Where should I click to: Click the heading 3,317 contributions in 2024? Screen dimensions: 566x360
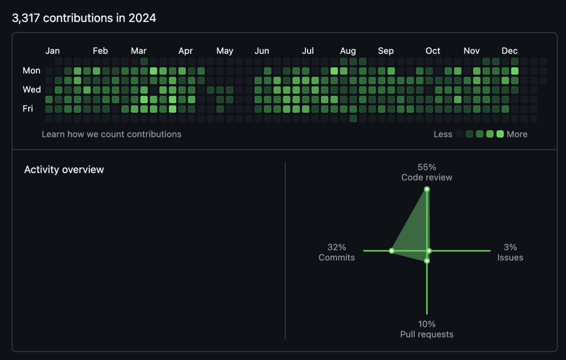pos(84,18)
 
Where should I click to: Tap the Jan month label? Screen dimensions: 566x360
pos(52,51)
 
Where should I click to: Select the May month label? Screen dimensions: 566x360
pos(225,51)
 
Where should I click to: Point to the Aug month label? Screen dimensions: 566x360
pos(348,51)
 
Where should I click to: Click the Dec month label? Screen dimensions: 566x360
pos(509,51)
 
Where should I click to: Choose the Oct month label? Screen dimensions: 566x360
pos(433,51)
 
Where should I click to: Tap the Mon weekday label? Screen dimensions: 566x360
pos(31,70)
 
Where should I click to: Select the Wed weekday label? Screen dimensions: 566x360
pos(32,90)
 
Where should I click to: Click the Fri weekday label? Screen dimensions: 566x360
pos(28,109)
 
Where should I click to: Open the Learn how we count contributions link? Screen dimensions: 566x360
pos(111,134)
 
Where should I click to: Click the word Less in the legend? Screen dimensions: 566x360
pos(443,134)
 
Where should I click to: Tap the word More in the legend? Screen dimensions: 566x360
pos(517,134)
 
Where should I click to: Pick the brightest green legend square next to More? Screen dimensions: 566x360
pos(500,134)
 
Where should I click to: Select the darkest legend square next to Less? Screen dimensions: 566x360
pos(459,134)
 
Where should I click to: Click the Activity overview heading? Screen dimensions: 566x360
pos(64,170)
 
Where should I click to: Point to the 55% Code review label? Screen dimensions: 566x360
pos(427,172)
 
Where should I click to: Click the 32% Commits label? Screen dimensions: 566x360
pos(337,252)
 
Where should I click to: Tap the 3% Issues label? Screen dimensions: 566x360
pos(510,252)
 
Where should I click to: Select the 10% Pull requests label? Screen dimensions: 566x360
pos(427,329)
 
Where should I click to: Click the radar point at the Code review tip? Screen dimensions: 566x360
pos(427,189)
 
